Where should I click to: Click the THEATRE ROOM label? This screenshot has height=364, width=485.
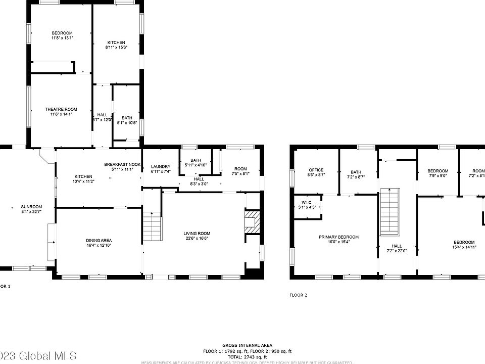coord(61,109)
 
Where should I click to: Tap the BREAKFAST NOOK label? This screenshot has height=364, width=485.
coord(123,165)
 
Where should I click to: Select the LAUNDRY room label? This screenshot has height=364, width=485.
coord(161,167)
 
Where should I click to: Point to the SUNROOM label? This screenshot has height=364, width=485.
coord(31,207)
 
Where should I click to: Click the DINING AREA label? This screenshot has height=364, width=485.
coord(99,240)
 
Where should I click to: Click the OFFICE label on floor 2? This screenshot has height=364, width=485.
coord(316,170)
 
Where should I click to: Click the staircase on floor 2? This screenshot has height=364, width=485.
coord(390,209)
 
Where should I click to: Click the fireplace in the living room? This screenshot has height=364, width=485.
coord(252,221)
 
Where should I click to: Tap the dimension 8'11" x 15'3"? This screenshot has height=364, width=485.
coord(116,47)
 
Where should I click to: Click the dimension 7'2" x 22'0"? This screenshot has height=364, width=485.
coord(397,251)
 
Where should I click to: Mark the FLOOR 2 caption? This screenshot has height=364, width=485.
coord(298,295)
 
